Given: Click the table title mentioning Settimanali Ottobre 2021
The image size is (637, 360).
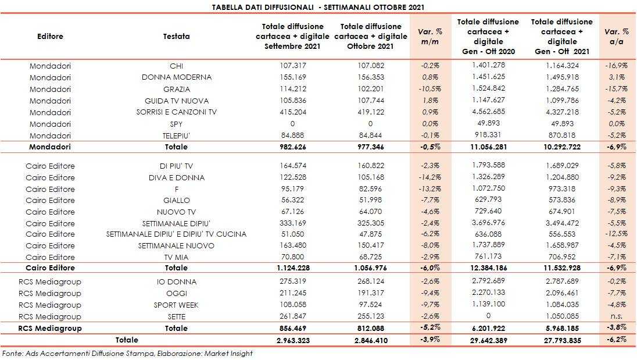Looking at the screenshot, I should (319, 7).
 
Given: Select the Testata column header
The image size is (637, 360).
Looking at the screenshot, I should (177, 36).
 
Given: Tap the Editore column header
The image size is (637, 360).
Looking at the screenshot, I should (50, 36).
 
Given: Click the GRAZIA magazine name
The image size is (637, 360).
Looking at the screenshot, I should (177, 89).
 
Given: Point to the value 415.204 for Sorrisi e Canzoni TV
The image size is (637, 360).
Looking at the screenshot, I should (292, 112).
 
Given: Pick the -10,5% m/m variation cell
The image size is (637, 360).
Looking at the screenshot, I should (428, 89).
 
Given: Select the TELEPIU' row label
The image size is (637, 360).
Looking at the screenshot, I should (177, 135).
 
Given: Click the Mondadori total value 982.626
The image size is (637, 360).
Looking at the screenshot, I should (292, 147).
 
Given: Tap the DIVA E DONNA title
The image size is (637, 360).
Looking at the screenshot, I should (177, 177).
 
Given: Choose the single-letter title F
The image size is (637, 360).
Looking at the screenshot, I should (177, 188).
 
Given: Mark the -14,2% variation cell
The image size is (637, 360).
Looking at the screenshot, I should (428, 177).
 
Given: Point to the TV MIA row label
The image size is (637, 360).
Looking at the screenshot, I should (177, 257).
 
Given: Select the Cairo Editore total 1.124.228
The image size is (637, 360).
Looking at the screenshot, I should (292, 268).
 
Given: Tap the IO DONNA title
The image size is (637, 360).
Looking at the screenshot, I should (177, 282).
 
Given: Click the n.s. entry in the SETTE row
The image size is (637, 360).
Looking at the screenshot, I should (617, 316).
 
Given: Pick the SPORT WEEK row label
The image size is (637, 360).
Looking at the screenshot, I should (177, 305).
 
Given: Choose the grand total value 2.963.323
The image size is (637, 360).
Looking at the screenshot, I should (292, 340).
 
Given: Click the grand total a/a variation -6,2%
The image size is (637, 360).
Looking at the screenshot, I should (617, 340).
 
